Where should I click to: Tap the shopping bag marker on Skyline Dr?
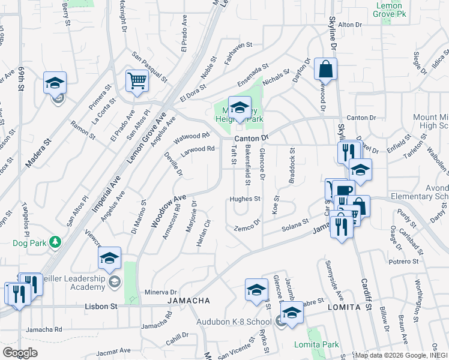[325, 70]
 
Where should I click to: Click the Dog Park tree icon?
[56, 242]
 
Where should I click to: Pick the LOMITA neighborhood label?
[344, 306]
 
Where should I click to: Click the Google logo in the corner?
[20, 353]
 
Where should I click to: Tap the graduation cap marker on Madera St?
[55, 83]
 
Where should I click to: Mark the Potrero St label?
[403, 262]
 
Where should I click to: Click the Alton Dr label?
[351, 25]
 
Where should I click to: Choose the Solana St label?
[295, 227]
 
